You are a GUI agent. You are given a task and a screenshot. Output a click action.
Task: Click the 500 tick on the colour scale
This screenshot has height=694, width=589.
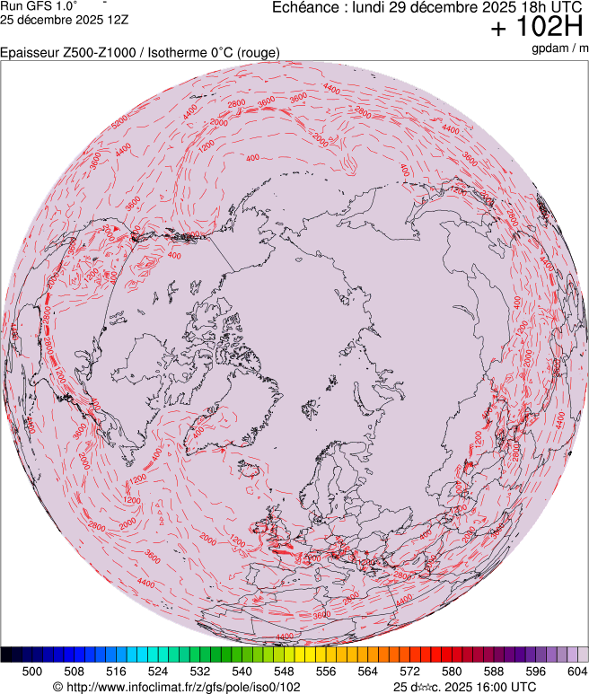pyautogui.click(x=32, y=671)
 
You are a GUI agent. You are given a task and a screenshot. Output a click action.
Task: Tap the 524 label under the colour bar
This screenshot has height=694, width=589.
pyautogui.click(x=158, y=671)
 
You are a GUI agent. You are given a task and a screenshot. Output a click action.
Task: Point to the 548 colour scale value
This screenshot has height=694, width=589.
pyautogui.click(x=284, y=671)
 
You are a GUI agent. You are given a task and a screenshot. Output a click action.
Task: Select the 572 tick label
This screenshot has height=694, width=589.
pyautogui.click(x=409, y=671)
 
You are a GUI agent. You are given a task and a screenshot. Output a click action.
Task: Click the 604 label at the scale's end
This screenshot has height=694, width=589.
pyautogui.click(x=576, y=671)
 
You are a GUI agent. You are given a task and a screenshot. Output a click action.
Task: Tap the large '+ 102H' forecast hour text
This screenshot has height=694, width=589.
pyautogui.click(x=537, y=28)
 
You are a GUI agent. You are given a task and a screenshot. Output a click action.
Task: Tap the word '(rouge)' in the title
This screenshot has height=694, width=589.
pyautogui.click(x=258, y=53)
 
